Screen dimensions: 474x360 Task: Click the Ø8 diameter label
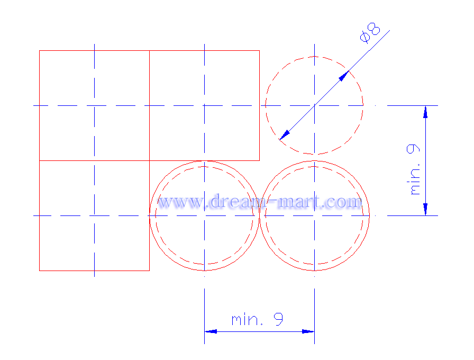tap(370, 33)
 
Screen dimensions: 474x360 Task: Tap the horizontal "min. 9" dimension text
tap(257, 319)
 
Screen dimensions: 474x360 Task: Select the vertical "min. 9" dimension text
tap(413, 169)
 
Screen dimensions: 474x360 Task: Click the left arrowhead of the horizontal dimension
tap(211, 331)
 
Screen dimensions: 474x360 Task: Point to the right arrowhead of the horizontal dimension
tap(308, 331)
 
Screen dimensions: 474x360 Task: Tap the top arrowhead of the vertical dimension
tap(425, 112)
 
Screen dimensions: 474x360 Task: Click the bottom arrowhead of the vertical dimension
tap(425, 209)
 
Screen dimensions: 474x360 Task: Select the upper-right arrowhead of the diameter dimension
tap(344, 76)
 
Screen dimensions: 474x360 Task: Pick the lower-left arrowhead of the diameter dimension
tap(285, 135)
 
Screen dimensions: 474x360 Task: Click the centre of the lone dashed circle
tap(314, 105)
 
